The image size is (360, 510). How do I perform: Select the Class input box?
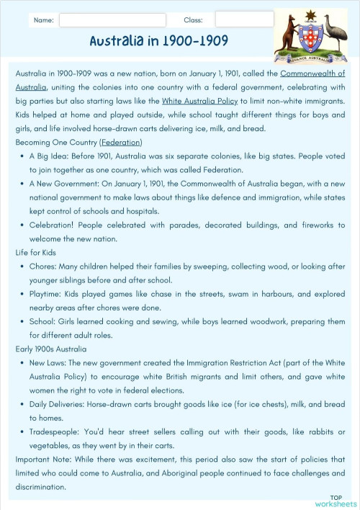(244, 19)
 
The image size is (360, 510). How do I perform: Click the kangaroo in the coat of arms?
(287, 35)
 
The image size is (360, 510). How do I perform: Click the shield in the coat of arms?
(310, 37)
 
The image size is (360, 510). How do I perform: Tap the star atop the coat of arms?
(310, 14)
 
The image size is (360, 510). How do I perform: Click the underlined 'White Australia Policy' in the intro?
(199, 101)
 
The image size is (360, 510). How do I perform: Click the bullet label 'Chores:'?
(43, 267)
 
